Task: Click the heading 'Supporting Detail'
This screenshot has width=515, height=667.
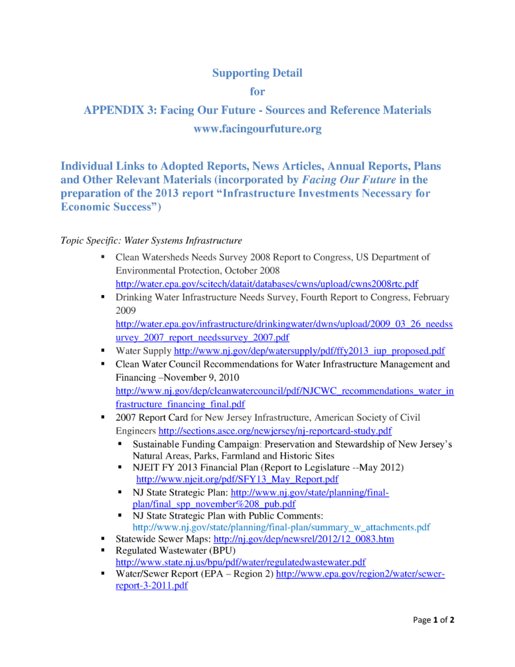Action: [x=257, y=73]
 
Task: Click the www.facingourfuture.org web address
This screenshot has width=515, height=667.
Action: [x=257, y=129]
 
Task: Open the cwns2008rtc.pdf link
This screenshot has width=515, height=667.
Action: [x=266, y=284]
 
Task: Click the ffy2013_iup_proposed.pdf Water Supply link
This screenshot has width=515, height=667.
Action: [x=309, y=350]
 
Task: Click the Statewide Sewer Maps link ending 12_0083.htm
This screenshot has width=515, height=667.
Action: [x=304, y=539]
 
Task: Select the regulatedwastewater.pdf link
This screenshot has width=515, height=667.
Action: [x=240, y=561]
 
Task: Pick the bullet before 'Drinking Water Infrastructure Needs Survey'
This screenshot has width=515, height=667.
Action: [x=104, y=297]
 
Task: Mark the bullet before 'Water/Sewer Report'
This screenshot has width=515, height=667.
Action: [x=104, y=574]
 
